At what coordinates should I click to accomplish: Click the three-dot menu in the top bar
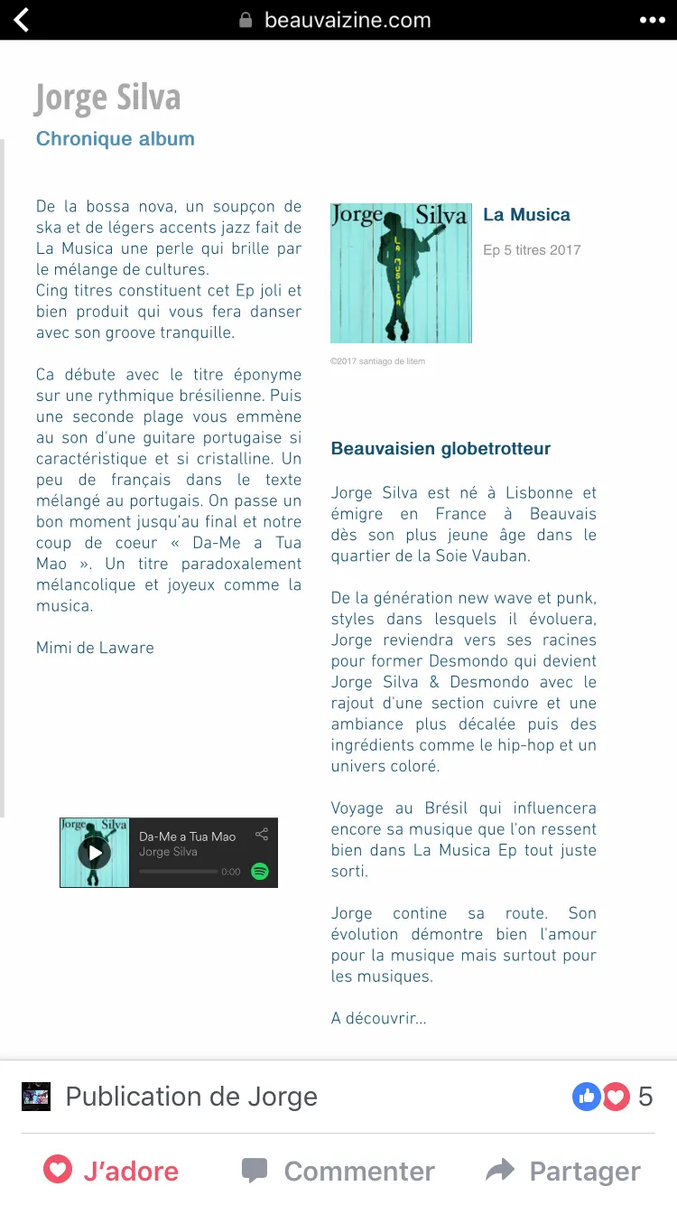[652, 20]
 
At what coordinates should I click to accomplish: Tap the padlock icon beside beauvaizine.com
[246, 20]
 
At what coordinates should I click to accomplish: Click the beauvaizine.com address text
[348, 20]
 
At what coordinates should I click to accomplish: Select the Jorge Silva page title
[107, 98]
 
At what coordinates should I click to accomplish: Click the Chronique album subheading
[116, 139]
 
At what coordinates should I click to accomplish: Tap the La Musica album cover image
[401, 273]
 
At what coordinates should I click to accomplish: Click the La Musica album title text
[526, 215]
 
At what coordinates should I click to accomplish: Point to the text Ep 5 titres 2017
[532, 250]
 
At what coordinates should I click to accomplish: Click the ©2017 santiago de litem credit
[377, 361]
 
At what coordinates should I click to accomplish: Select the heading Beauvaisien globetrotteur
[441, 449]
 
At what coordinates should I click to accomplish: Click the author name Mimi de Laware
[95, 648]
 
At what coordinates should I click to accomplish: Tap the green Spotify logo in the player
[260, 871]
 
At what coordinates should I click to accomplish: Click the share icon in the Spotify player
[262, 835]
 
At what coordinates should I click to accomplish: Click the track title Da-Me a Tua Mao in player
[187, 836]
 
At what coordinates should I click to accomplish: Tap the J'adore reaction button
[112, 1172]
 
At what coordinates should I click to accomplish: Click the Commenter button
[338, 1172]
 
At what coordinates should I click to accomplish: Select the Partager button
[563, 1172]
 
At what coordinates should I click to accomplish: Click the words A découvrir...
[378, 1019]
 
